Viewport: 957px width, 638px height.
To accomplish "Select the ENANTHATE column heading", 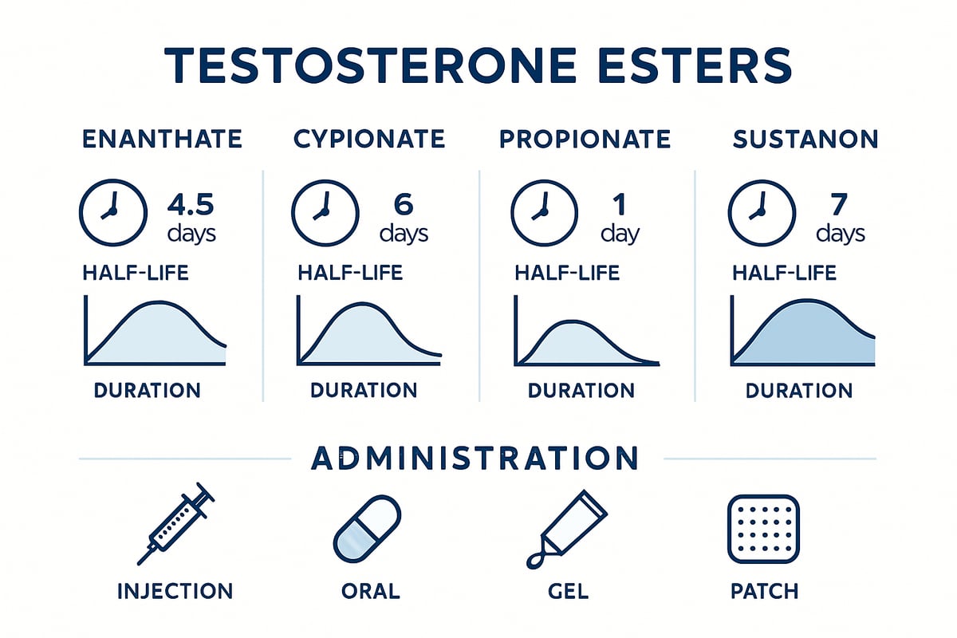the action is (163, 140).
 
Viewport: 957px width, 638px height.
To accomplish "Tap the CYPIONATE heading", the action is (369, 140).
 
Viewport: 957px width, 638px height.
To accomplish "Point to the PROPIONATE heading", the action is (585, 140).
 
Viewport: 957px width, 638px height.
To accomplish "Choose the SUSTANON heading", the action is (805, 140).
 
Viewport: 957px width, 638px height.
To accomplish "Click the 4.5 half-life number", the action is (191, 205).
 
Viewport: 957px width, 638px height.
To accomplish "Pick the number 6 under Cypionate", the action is (404, 205).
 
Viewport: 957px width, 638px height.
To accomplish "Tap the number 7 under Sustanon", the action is (839, 205).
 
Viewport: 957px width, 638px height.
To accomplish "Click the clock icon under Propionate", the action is (544, 213).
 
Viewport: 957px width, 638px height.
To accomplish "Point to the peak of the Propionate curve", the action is (573, 321).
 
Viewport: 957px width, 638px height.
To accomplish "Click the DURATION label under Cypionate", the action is (364, 390).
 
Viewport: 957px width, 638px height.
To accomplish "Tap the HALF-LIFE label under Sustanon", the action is (785, 273).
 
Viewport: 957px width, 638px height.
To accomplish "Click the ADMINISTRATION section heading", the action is (475, 458).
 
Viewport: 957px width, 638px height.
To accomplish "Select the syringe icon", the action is (175, 524).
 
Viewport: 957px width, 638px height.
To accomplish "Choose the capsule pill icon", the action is (367, 529).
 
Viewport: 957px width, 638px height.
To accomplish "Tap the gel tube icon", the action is (567, 530).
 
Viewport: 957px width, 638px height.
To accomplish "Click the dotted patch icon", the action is (763, 530).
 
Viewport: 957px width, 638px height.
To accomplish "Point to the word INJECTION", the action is (175, 592).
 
